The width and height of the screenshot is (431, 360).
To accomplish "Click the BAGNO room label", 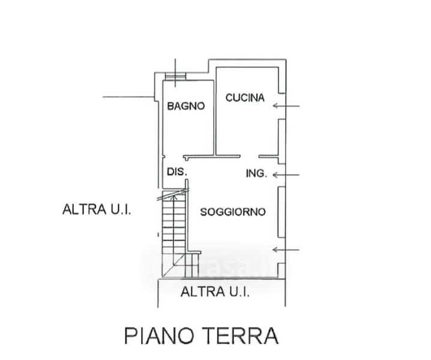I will pos(186,106).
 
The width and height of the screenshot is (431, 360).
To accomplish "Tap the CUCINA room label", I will pos(245,98).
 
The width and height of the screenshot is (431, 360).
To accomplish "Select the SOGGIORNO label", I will pos(233,212).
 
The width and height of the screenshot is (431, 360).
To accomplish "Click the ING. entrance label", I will pos(256,174).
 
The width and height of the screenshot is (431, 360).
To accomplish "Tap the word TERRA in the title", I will pos(243,335).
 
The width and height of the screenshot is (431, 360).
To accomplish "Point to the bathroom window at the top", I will pos(176,76).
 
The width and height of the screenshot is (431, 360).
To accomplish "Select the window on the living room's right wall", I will pos(281,212).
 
